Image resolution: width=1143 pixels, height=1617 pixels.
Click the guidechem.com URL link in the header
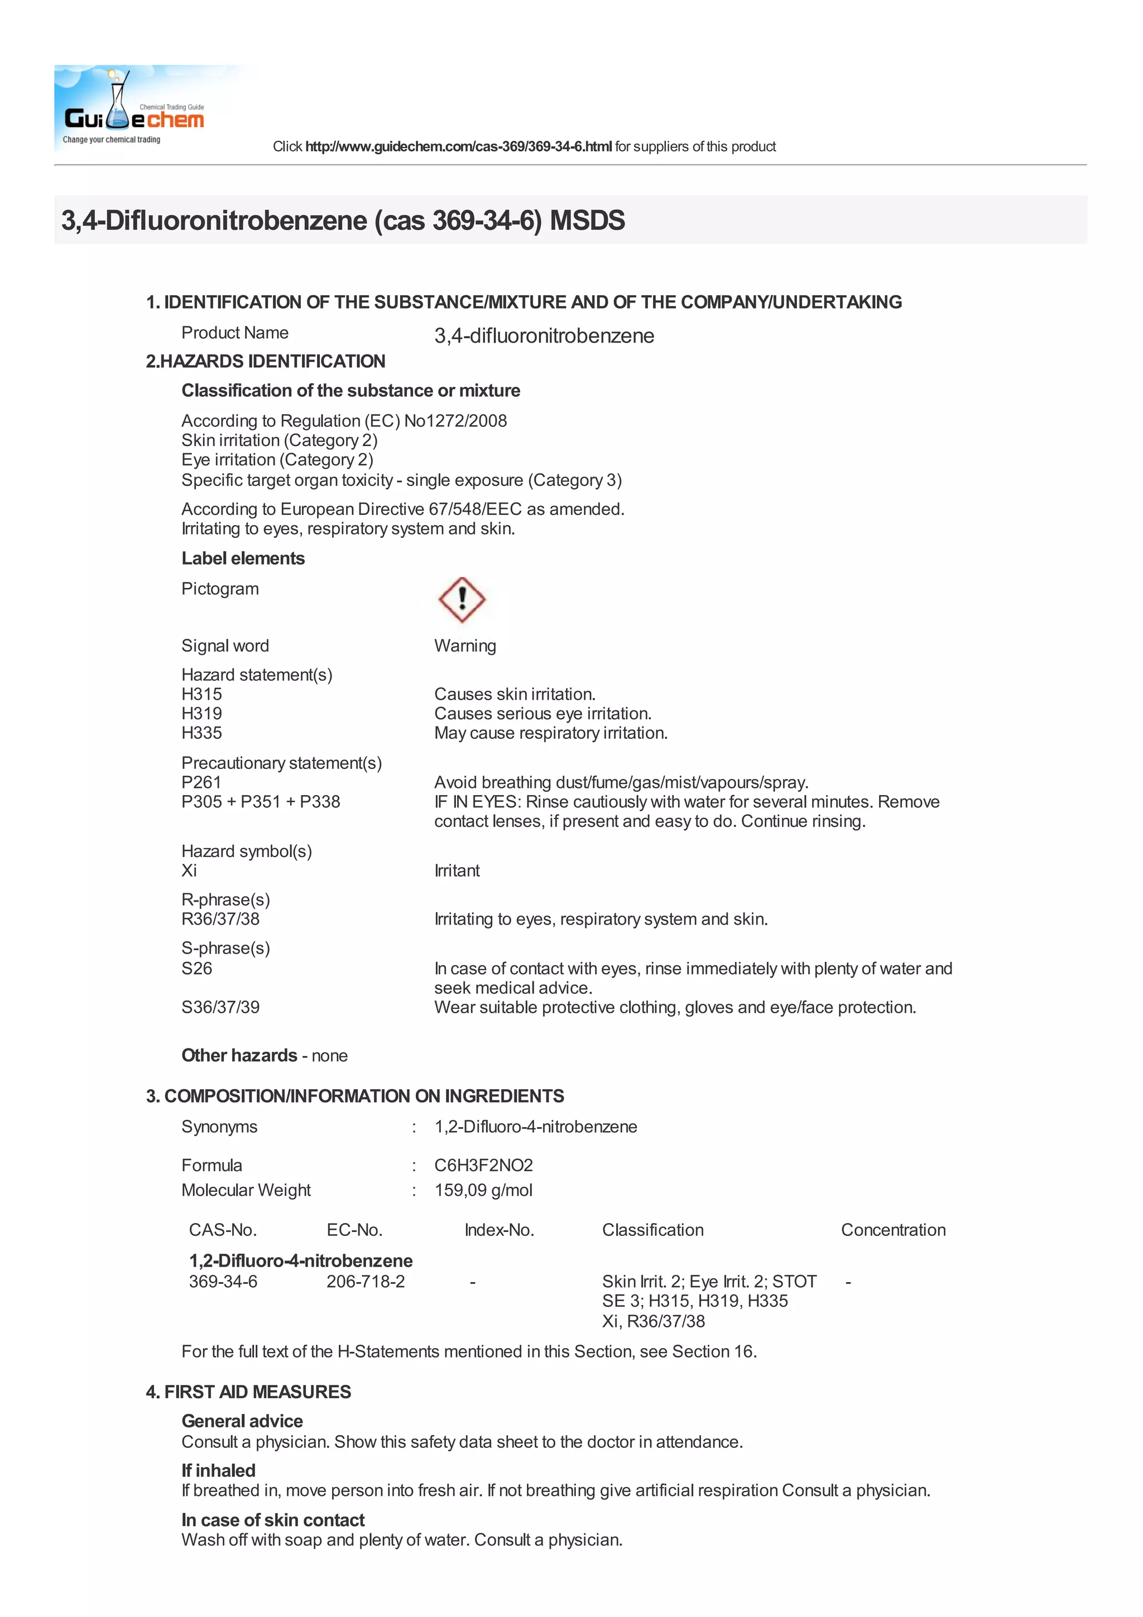pyautogui.click(x=458, y=147)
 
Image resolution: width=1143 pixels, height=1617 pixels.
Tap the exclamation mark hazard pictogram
pyautogui.click(x=462, y=599)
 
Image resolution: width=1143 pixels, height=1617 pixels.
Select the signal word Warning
pyautogui.click(x=465, y=646)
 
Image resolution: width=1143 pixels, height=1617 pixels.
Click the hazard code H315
pyautogui.click(x=201, y=695)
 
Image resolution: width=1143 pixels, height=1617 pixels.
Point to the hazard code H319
pyautogui.click(x=201, y=714)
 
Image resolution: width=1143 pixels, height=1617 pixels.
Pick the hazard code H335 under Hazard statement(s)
pyautogui.click(x=201, y=733)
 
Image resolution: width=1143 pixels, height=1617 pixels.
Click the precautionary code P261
pyautogui.click(x=201, y=782)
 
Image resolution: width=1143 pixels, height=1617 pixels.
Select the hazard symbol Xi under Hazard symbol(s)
pyautogui.click(x=189, y=870)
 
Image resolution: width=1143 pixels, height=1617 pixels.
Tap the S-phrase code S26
pyautogui.click(x=196, y=969)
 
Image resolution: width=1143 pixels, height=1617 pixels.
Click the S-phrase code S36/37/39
pyautogui.click(x=220, y=1007)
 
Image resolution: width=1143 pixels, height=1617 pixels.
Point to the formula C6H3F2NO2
pyautogui.click(x=484, y=1166)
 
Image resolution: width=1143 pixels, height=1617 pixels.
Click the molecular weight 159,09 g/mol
pyautogui.click(x=483, y=1190)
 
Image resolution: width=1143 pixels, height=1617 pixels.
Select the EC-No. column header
pyautogui.click(x=354, y=1230)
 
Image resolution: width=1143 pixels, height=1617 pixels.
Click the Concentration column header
pyautogui.click(x=893, y=1230)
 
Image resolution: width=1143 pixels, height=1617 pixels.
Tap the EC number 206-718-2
pyautogui.click(x=366, y=1282)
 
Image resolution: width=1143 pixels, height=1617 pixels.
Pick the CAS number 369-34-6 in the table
pyautogui.click(x=223, y=1282)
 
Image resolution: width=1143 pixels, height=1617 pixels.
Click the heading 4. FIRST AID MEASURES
pyautogui.click(x=248, y=1392)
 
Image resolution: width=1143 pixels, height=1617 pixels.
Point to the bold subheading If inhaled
pyautogui.click(x=218, y=1470)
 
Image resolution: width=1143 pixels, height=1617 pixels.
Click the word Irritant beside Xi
pyautogui.click(x=457, y=870)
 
